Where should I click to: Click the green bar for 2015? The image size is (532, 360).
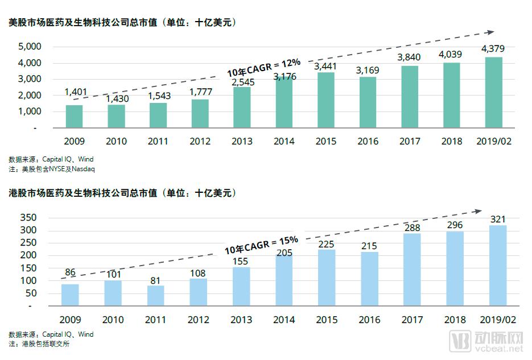pos(326,100)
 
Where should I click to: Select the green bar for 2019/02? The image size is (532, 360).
pos(494,92)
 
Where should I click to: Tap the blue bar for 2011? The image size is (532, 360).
pos(155,295)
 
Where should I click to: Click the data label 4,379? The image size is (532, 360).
pos(493,49)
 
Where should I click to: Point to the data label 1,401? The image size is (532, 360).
pos(75,92)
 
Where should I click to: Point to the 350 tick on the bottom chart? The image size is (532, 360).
pos(28,218)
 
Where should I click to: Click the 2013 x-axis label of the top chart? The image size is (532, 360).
pos(242,142)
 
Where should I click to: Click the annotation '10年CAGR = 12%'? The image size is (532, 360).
pos(263,67)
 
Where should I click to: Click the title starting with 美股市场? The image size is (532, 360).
pos(122,23)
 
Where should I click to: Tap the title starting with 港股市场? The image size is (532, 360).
pos(122,193)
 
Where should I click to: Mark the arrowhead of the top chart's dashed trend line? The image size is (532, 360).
pos(490,33)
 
